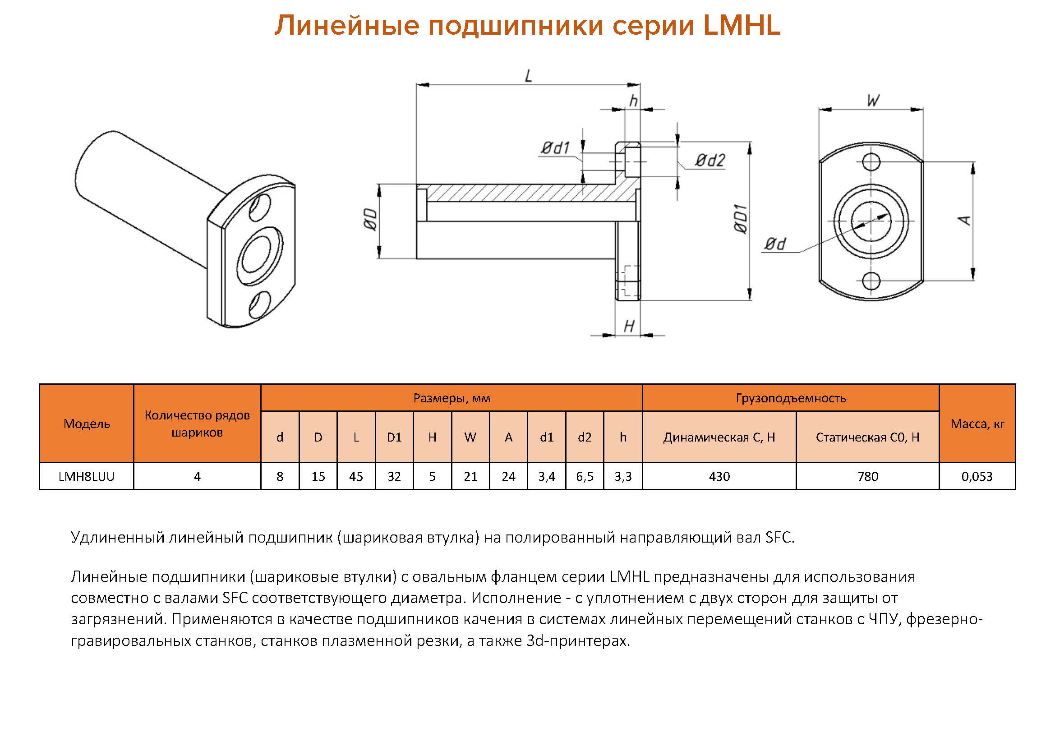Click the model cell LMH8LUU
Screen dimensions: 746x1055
point(86,476)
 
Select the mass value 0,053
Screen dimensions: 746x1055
point(977,476)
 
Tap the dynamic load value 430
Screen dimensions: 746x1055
point(719,476)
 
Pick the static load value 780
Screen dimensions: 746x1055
point(867,476)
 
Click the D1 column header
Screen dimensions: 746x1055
point(394,437)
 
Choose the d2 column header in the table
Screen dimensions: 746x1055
point(585,437)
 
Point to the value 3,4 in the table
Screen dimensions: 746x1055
point(546,476)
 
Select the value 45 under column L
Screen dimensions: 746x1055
point(356,476)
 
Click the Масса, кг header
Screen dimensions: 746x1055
point(977,424)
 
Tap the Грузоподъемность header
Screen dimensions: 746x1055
point(790,398)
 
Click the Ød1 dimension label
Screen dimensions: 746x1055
point(556,148)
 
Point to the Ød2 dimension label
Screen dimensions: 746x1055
point(710,160)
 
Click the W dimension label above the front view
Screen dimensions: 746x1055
point(873,100)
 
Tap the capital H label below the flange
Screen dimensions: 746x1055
point(629,326)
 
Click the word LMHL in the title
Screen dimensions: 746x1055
point(742,25)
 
